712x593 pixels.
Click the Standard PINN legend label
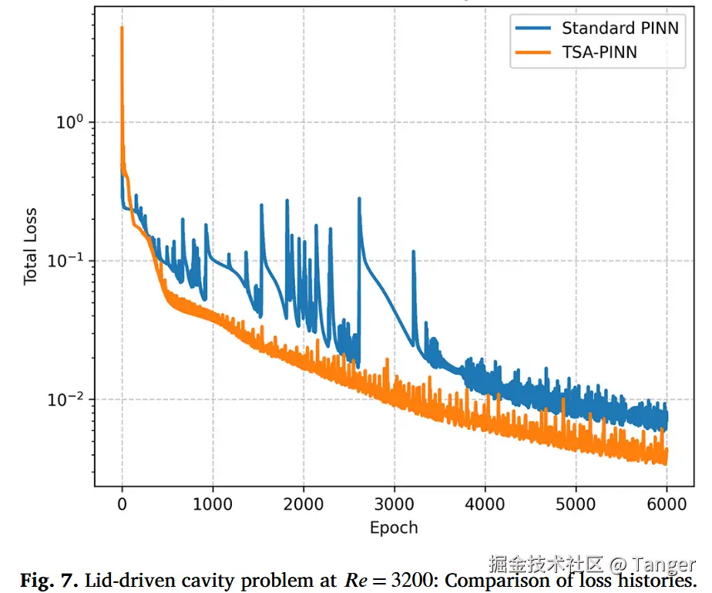click(620, 29)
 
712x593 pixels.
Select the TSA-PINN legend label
click(599, 52)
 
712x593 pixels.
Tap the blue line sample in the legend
click(533, 29)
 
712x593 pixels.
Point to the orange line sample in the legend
click(533, 52)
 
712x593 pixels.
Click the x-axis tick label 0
click(122, 504)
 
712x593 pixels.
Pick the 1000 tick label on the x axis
click(213, 504)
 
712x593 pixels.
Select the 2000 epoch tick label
click(304, 504)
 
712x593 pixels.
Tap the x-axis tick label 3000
click(395, 504)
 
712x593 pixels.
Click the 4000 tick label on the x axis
click(485, 504)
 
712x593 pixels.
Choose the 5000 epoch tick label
click(576, 504)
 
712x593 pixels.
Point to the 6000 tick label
click(667, 504)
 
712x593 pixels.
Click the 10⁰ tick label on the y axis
click(70, 121)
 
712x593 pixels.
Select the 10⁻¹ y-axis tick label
click(65, 260)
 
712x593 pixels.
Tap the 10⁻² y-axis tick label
click(65, 399)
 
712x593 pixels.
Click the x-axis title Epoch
click(394, 528)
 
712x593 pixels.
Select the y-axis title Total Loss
click(30, 247)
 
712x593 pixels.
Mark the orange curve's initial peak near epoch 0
click(122, 27)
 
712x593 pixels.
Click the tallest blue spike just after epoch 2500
click(359, 199)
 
